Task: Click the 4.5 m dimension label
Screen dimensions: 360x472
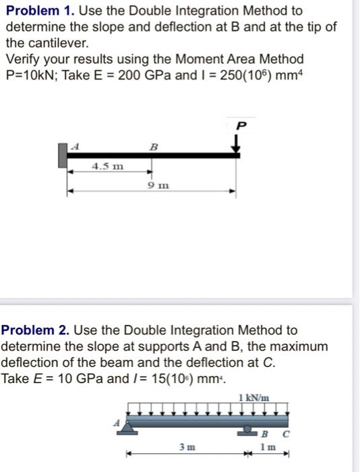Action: (107, 165)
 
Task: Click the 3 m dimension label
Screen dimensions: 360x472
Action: (185, 447)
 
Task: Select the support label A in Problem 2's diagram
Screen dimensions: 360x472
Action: (115, 423)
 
